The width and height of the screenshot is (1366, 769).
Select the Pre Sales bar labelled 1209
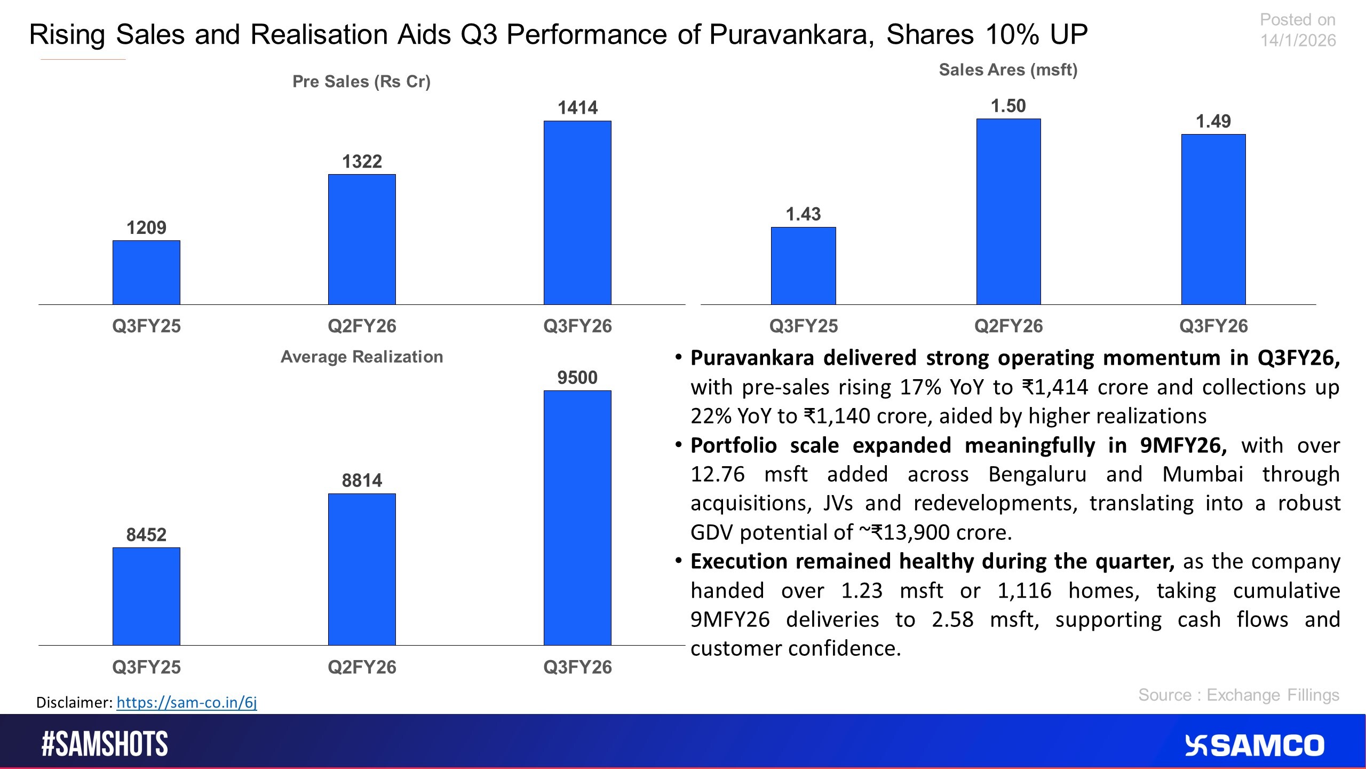(x=146, y=272)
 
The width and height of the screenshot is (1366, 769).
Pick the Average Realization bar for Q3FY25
(x=146, y=596)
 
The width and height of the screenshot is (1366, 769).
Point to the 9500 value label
(x=577, y=378)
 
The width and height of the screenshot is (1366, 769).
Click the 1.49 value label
(x=1213, y=121)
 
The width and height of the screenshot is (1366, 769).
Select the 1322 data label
(x=362, y=161)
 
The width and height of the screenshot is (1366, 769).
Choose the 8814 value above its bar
(x=362, y=481)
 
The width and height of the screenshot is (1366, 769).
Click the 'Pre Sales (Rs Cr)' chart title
(x=361, y=82)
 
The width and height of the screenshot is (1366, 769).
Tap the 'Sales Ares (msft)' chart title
(x=1008, y=70)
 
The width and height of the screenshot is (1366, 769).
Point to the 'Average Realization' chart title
(x=362, y=357)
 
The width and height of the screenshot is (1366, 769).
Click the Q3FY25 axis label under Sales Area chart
(x=804, y=326)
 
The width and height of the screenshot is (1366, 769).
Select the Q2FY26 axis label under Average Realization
(x=362, y=667)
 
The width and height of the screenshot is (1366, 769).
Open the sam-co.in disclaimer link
(x=187, y=702)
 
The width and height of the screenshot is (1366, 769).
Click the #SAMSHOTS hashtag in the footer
(x=105, y=744)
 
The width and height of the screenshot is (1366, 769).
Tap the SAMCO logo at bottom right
(x=1254, y=746)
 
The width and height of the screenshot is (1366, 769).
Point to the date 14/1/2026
(x=1298, y=41)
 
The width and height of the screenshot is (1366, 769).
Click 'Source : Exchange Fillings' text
(x=1238, y=695)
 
